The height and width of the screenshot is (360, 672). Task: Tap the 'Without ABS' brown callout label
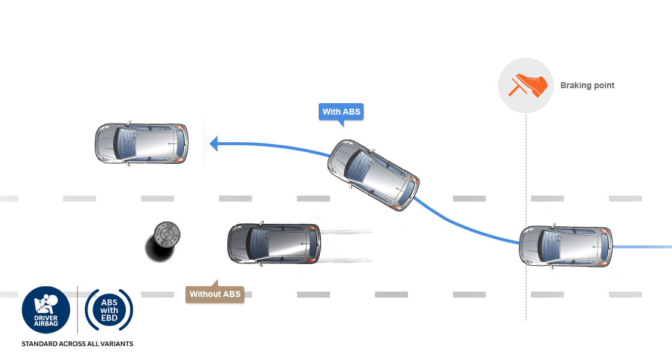pos(215,294)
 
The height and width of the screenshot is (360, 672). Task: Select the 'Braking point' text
pos(587,85)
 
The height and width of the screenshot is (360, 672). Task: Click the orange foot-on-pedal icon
pos(527,85)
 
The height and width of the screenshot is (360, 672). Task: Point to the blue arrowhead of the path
pos(214,143)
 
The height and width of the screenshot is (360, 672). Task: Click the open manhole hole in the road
pos(158,249)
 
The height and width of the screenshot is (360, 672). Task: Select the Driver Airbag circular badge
pos(46,310)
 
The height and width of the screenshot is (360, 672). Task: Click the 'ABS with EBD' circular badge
pos(109,310)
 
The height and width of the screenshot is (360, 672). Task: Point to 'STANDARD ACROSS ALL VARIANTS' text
pos(77,344)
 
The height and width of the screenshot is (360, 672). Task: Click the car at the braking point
pos(565,247)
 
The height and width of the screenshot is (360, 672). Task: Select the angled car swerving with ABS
pos(373,175)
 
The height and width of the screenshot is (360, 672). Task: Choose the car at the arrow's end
pos(142,143)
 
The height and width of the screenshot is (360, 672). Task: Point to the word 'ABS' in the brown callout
pos(231,294)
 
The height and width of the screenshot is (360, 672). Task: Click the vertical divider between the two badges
pos(77,310)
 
